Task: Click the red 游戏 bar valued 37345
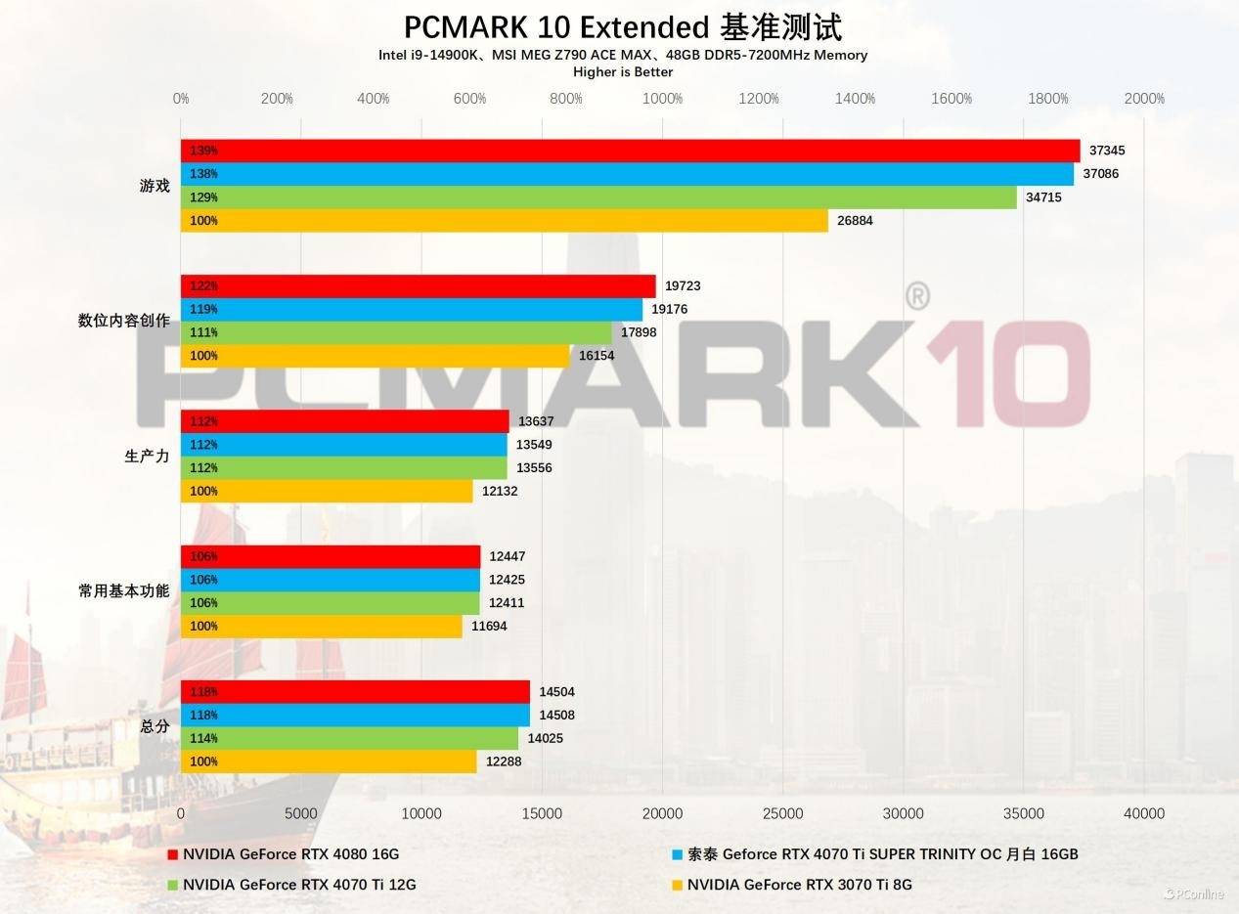tap(630, 151)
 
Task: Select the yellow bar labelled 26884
tap(504, 221)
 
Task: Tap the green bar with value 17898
tap(396, 333)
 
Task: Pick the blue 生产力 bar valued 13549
tap(344, 445)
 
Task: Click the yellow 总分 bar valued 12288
tap(329, 762)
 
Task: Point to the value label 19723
tap(683, 286)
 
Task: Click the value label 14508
tap(556, 716)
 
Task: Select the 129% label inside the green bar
tap(204, 197)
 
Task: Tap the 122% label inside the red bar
tap(204, 286)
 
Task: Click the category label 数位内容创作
tap(124, 321)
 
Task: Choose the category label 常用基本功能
tap(124, 591)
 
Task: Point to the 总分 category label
tap(155, 727)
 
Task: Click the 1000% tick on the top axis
tap(662, 99)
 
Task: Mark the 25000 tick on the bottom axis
tap(783, 813)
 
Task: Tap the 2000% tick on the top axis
tap(1144, 99)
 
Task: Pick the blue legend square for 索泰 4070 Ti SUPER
tap(677, 854)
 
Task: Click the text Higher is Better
tap(623, 71)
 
